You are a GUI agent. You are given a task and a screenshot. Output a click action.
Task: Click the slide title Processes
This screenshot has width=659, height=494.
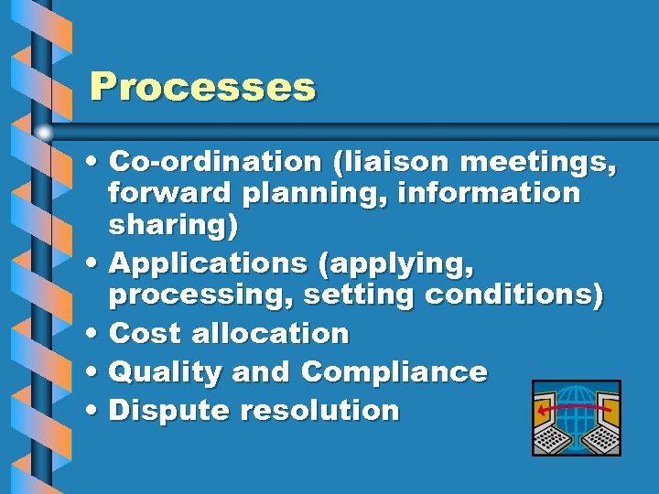[202, 88]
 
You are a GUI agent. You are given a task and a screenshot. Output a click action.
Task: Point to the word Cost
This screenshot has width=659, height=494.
[146, 334]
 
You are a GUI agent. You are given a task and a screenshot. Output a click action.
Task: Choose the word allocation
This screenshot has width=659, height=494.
[270, 334]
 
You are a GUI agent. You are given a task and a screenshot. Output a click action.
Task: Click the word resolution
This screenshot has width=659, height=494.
[319, 411]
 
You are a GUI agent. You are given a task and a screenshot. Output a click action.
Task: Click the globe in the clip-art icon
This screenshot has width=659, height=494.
[576, 412]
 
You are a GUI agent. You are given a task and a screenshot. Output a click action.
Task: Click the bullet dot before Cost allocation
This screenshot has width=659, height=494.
[95, 335]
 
